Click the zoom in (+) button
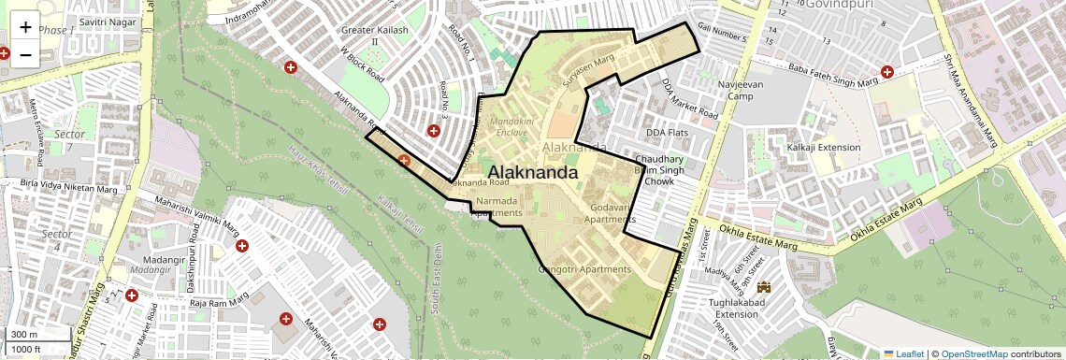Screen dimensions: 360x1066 click(25, 26)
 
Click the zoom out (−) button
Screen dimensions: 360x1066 click(25, 54)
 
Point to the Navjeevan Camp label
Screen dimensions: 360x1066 click(753, 90)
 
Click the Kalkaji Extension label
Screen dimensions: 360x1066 click(823, 148)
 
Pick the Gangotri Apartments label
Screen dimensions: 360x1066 click(585, 269)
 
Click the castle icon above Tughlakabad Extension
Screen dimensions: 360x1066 click(765, 285)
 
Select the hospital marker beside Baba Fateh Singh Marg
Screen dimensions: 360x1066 click(887, 71)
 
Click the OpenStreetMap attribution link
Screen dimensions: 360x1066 click(973, 353)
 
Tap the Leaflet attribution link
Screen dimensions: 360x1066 click(903, 353)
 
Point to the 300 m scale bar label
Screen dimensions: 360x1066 click(24, 334)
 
